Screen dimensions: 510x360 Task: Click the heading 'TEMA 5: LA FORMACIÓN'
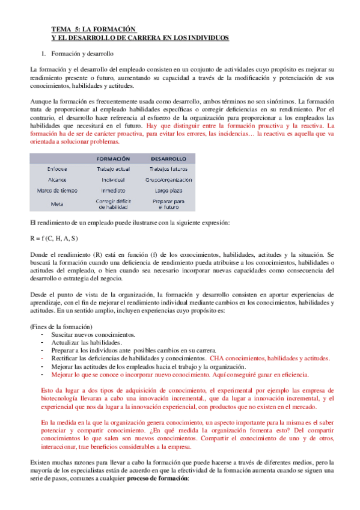[x=94, y=28]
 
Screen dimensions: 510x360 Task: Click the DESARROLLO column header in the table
[x=168, y=158]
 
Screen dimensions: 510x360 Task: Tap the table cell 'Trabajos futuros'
[x=168, y=169]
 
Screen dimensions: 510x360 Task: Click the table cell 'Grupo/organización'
[x=168, y=179]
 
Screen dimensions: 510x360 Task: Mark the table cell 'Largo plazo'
[x=168, y=190]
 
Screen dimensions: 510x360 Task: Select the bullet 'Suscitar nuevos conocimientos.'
[x=93, y=334]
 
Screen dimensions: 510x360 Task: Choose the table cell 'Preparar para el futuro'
[x=168, y=203]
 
